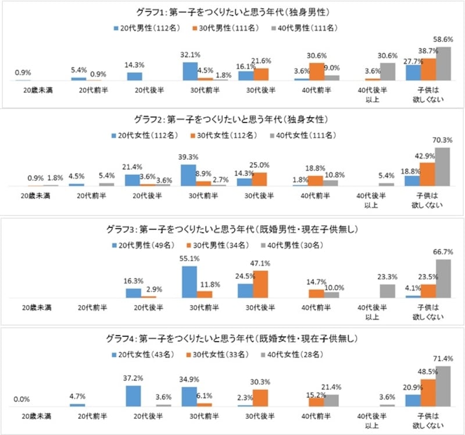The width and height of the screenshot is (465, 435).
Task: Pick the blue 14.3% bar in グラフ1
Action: click(x=134, y=76)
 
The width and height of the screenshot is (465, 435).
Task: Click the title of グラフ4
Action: click(x=233, y=338)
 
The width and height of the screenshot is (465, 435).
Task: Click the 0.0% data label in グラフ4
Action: click(x=22, y=399)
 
